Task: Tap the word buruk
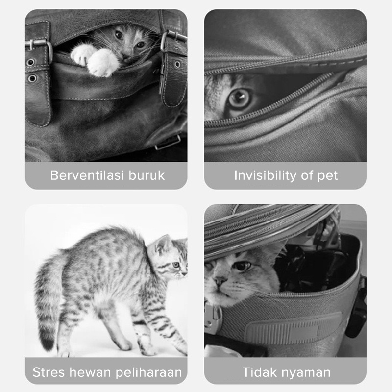pyautogui.click(x=147, y=175)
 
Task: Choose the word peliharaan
pyautogui.click(x=149, y=373)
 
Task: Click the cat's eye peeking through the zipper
pyautogui.click(x=240, y=98)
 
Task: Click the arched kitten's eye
pyautogui.click(x=176, y=265)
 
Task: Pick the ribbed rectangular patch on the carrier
pyautogui.click(x=294, y=328)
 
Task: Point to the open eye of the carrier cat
pyautogui.click(x=242, y=266)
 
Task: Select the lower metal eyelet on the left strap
pyautogui.click(x=32, y=78)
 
